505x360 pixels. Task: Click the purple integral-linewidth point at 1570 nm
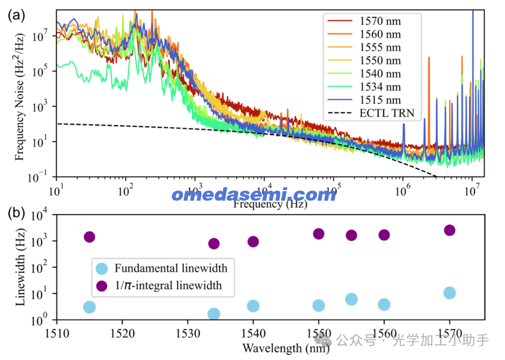449,230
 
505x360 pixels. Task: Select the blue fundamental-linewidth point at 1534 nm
213,314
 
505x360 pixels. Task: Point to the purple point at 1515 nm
89,237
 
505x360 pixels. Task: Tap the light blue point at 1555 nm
351,299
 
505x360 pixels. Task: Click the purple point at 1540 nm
253,241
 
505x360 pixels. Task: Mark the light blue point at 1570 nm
449,293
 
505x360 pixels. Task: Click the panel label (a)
16,15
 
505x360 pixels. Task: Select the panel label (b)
16,212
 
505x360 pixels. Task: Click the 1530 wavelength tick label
188,333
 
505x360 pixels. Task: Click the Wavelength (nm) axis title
278,348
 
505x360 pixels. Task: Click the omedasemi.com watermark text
254,195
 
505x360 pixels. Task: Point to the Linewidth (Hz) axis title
20,267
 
